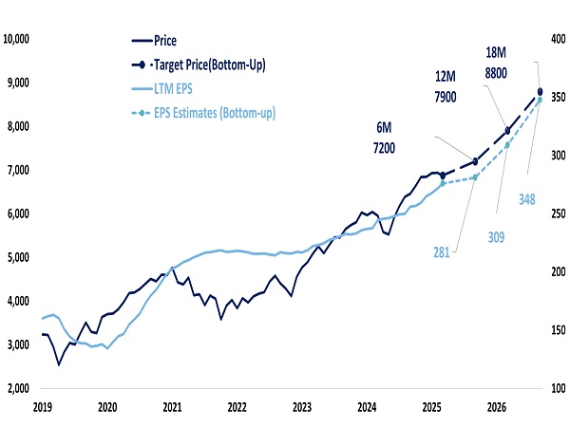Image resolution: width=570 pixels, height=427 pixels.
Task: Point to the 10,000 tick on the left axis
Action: (20, 40)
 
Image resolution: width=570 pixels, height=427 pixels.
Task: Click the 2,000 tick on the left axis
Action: (23, 388)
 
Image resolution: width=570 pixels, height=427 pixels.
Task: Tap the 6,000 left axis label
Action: (23, 213)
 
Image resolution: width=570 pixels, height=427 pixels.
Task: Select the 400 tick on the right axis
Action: (556, 40)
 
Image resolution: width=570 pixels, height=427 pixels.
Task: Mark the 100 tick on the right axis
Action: (556, 388)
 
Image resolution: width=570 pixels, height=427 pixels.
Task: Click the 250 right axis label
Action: (556, 214)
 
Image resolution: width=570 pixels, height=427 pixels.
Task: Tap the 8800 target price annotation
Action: (495, 71)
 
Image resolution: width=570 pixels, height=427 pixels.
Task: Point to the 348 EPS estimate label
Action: (529, 199)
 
